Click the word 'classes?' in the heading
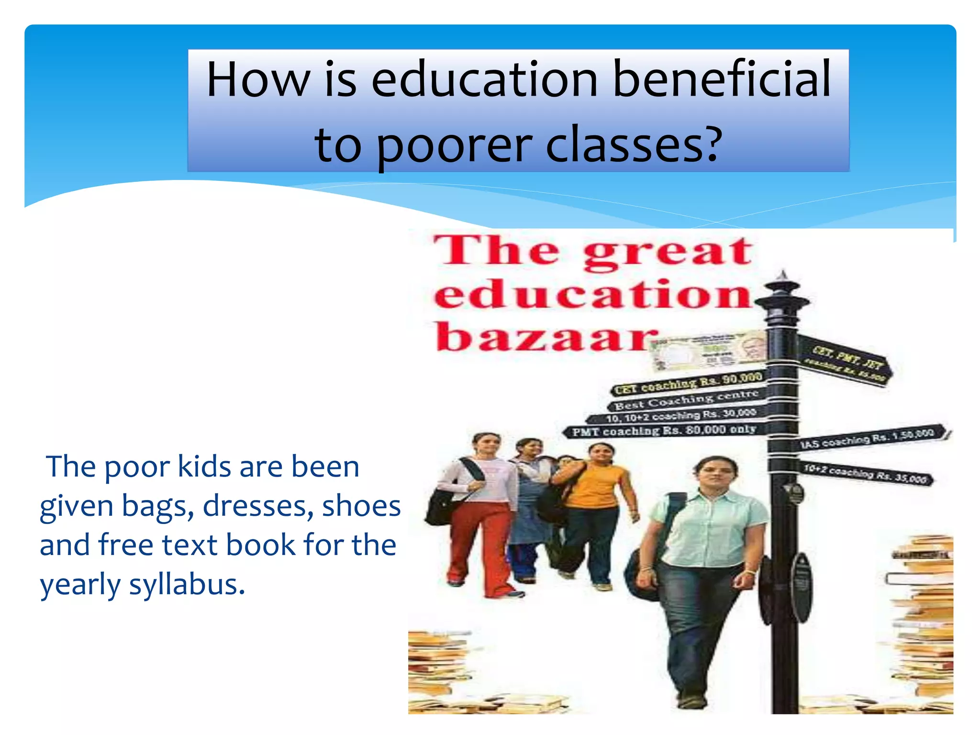point(634,144)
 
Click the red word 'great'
point(668,252)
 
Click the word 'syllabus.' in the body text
point(187,585)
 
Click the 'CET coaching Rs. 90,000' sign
point(688,383)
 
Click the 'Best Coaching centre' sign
point(687,400)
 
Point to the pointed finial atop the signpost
point(783,278)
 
